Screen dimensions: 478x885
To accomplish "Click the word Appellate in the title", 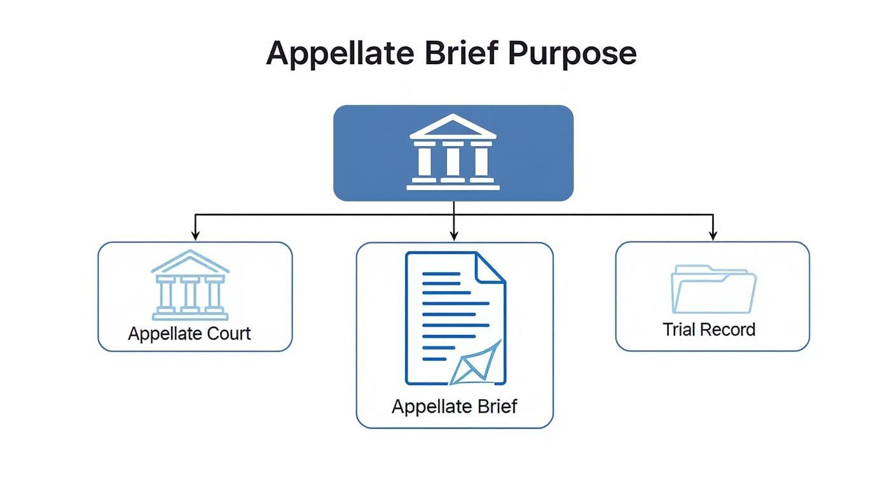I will pos(341,53).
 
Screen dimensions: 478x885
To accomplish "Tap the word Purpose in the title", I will pos(572,53).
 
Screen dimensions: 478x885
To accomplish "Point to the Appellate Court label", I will pos(189,334).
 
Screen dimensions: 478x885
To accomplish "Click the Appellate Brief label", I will pos(454,406).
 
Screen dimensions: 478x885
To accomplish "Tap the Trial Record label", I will pos(709,329).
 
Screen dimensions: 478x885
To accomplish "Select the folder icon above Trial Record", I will pos(713,290).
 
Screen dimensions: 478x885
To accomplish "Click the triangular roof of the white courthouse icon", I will pos(453,127).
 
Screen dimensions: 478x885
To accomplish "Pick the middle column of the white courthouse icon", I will pos(453,161).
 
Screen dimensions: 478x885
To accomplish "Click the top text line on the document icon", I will pos(441,274).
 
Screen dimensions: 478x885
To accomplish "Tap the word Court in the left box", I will pos(230,334).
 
